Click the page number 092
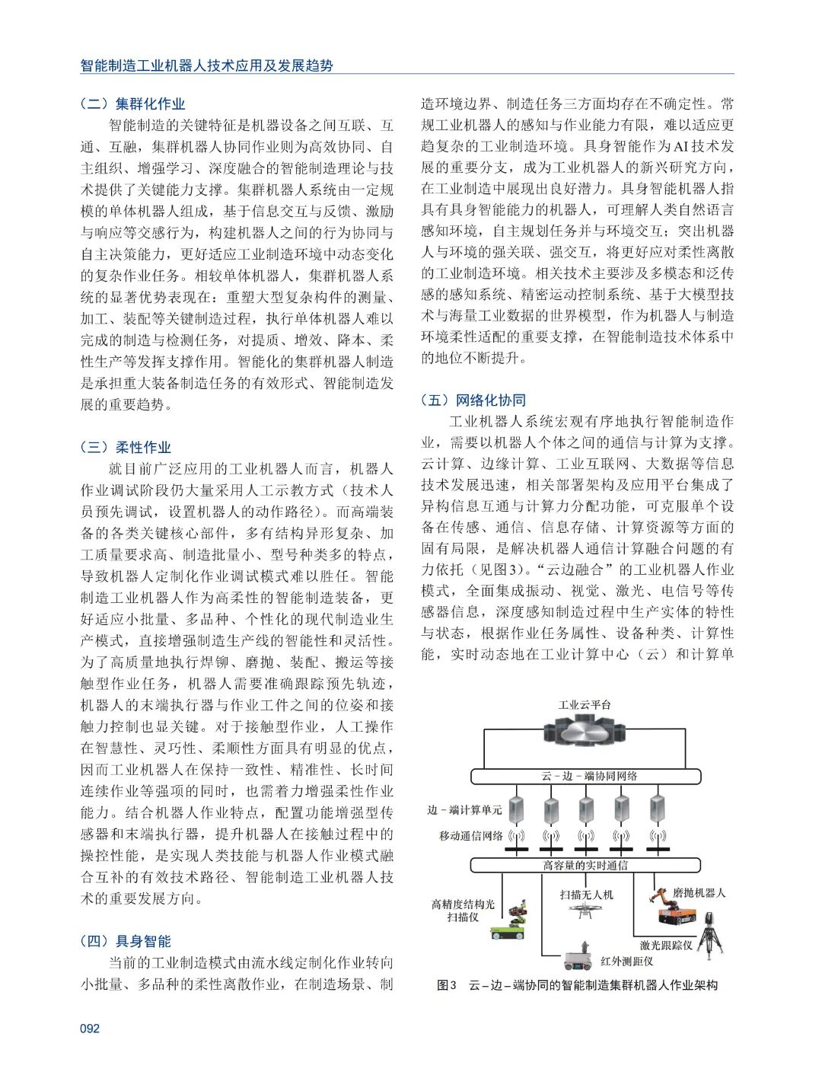(90, 1028)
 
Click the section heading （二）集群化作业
(132, 104)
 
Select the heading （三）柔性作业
(126, 447)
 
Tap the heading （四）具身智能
(126, 941)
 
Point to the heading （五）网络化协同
(473, 400)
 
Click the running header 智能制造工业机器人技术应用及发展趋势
(207, 65)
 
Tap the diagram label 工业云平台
(585, 705)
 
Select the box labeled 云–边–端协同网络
(585, 776)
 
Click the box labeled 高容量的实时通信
(585, 865)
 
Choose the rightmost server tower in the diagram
(657, 809)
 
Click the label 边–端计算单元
(464, 810)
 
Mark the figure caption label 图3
(446, 985)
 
